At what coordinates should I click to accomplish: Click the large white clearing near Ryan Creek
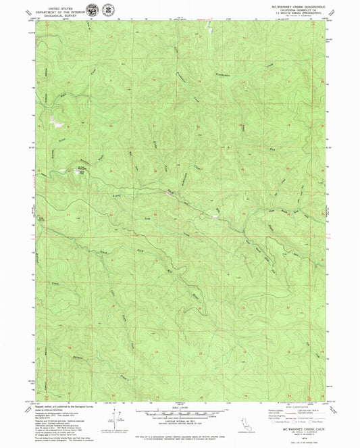[x=52, y=121]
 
